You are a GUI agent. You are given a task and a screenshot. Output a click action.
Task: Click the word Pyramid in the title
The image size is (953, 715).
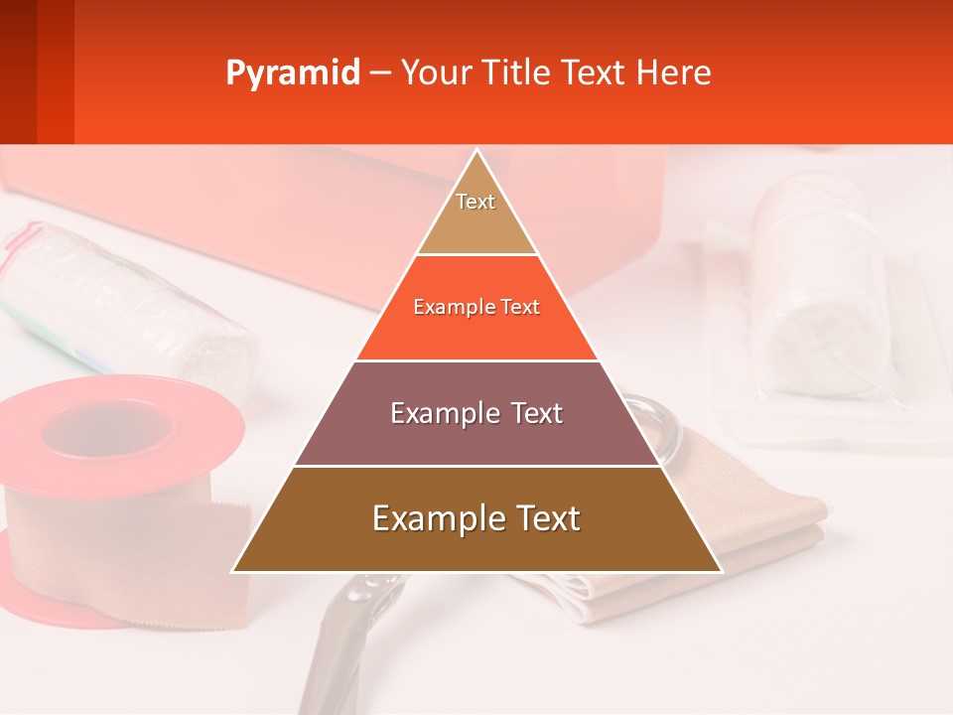tap(292, 73)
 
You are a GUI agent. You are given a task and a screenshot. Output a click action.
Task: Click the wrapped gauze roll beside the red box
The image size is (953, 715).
tap(119, 298)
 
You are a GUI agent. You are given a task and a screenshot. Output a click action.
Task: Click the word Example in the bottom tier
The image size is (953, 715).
tap(431, 519)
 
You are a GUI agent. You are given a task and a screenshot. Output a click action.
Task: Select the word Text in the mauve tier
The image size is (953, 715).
tap(533, 413)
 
